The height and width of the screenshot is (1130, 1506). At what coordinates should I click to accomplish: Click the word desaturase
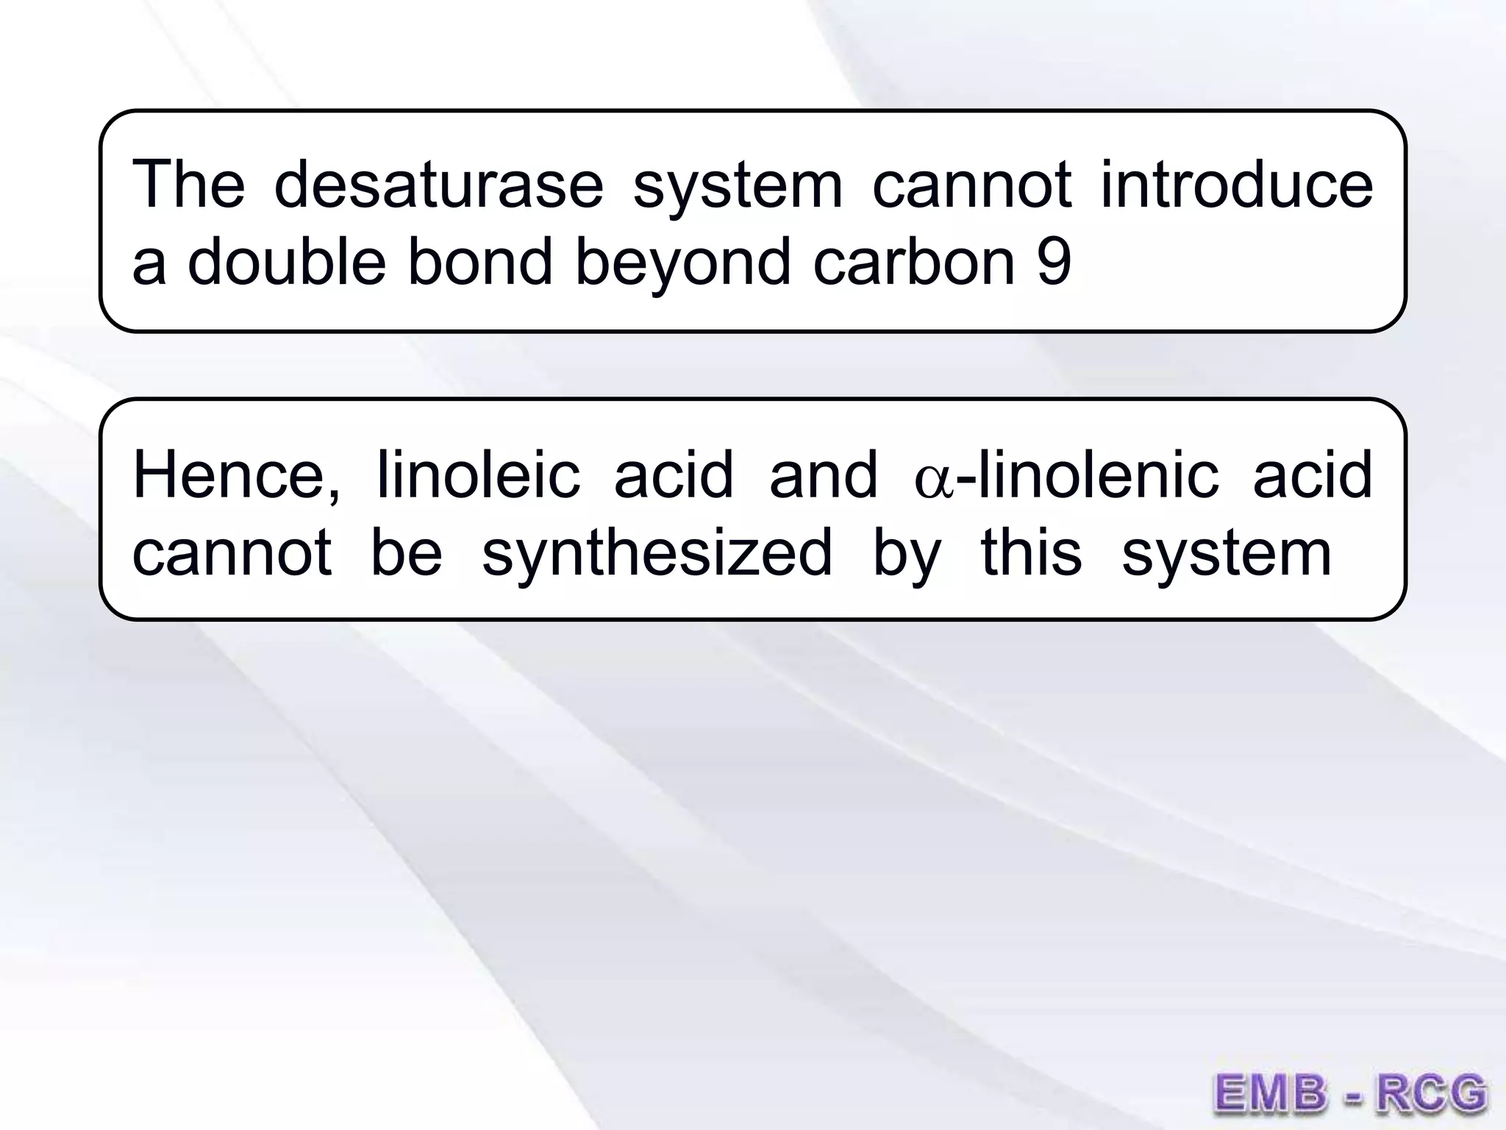pos(438,184)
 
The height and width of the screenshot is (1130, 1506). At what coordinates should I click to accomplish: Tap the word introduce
pos(1236,184)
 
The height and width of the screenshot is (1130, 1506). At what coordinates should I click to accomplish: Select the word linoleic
pos(478,475)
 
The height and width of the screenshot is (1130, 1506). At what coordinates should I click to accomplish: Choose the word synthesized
pos(657,553)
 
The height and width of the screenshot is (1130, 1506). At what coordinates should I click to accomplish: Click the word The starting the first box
pos(188,184)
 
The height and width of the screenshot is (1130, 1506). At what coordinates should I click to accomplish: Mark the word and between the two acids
pos(823,475)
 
